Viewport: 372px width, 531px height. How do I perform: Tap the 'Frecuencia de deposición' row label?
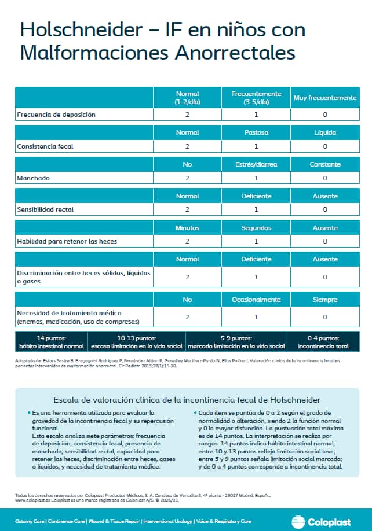coord(56,115)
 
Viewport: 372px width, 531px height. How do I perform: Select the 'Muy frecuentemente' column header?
coord(324,98)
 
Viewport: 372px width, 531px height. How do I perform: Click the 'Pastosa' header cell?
coord(256,132)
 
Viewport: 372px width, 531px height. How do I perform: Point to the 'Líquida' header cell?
coord(324,132)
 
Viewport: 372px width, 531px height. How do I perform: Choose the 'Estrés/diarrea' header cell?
coord(256,164)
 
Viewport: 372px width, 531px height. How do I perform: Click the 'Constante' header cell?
coord(324,164)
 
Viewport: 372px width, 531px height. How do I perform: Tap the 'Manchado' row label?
coord(33,178)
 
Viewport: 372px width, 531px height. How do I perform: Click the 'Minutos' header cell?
coord(187,228)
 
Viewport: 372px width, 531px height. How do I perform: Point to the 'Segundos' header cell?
coord(256,228)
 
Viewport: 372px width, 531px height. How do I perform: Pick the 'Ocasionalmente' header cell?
coord(256,300)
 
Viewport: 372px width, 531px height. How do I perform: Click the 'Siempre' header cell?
coord(324,300)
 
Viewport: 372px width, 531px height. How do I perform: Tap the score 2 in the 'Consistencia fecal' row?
coord(187,146)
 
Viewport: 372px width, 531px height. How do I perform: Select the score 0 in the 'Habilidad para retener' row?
coord(324,241)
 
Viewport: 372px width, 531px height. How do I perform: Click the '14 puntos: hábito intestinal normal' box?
coord(52,342)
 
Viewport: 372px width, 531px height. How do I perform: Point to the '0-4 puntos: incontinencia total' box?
coord(324,342)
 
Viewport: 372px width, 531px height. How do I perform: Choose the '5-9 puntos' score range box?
coord(236,342)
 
